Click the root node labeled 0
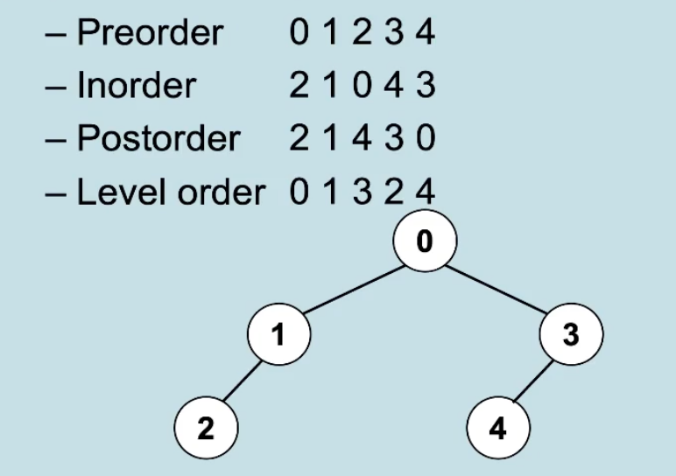[x=425, y=241]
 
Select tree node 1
[x=279, y=334]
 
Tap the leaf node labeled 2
[x=206, y=428]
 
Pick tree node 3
[x=571, y=334]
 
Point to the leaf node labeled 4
[x=498, y=428]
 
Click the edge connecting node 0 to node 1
[x=354, y=290]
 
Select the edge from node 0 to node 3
[x=496, y=289]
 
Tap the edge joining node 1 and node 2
[x=243, y=381]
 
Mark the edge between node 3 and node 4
[x=534, y=381]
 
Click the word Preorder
[x=150, y=32]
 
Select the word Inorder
[x=137, y=85]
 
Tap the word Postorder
[x=158, y=138]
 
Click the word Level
[x=124, y=192]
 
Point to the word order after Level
[x=222, y=192]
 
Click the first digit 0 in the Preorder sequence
[x=299, y=32]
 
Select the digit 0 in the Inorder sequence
[x=363, y=85]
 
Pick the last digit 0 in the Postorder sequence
[x=426, y=138]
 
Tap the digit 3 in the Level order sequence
[x=363, y=192]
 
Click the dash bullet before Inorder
[x=56, y=87]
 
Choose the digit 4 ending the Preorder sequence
[x=426, y=32]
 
